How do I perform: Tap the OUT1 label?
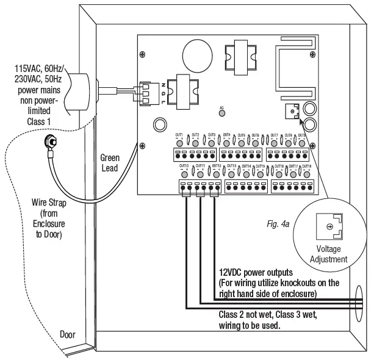tap(179, 134)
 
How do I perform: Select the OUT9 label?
tap(302, 134)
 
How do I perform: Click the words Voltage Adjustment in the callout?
tap(329, 254)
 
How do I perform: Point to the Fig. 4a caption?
tap(277, 224)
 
